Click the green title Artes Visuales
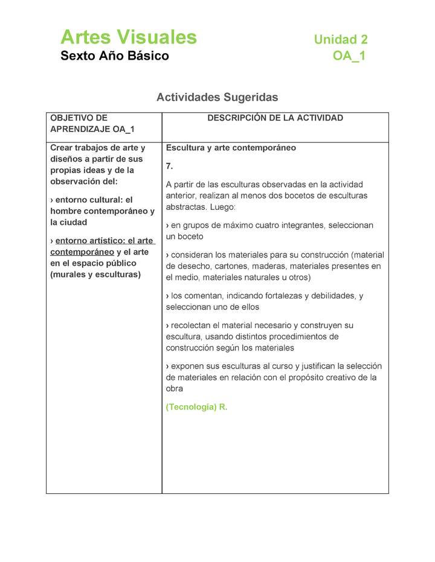[x=128, y=37]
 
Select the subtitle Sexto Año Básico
[x=114, y=56]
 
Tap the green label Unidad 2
[x=340, y=40]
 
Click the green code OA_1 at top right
[x=349, y=56]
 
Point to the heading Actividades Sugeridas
[x=217, y=97]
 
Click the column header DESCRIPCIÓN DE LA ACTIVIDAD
[x=275, y=118]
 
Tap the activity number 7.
[x=169, y=166]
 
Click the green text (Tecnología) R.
[x=196, y=407]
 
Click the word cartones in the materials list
[x=236, y=266]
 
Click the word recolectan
[x=192, y=325]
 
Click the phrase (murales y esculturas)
[x=95, y=274]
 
